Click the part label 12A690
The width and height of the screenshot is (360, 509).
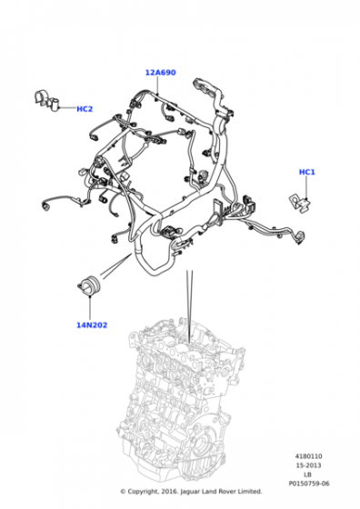160,73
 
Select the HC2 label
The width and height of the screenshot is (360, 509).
85,109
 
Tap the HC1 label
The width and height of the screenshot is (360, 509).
306,172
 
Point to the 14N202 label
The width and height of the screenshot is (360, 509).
92,325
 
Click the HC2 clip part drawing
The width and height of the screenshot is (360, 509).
46,100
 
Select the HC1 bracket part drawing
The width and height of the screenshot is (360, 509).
300,204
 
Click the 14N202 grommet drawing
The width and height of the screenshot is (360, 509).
90,285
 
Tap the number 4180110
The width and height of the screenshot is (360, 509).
309,456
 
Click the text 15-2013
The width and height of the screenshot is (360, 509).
308,465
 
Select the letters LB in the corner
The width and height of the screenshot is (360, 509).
308,474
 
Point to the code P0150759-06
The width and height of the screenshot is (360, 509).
309,484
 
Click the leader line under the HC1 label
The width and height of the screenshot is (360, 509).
306,187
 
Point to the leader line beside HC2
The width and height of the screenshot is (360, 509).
67,107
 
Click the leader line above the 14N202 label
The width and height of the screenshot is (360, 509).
90,307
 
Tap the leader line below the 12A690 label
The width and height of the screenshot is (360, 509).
157,85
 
